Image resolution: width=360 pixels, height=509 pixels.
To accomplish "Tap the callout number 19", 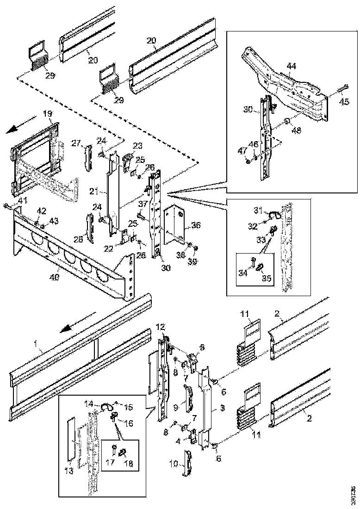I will pyautogui.click(x=48, y=113).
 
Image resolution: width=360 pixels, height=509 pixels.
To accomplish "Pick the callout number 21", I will pyautogui.click(x=94, y=190).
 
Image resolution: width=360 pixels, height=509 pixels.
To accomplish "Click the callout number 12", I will pyautogui.click(x=160, y=327).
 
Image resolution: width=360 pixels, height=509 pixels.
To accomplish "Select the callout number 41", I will pyautogui.click(x=23, y=200).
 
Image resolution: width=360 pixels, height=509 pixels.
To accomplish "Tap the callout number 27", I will pyautogui.click(x=76, y=143).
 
